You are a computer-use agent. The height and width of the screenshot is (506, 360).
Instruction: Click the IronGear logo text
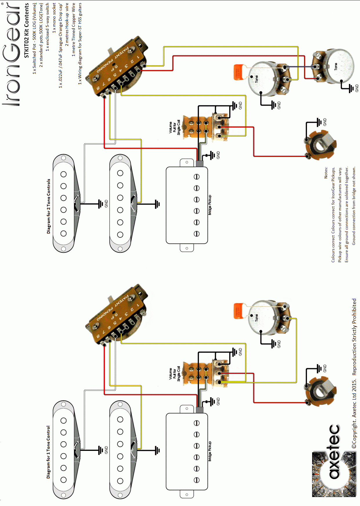pos(12,54)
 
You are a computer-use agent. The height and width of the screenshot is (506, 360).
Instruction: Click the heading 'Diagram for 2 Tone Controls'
pos(48,206)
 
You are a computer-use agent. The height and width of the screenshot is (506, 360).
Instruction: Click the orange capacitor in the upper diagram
pos(239,72)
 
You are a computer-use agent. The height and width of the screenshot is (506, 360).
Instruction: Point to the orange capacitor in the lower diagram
pos(239,310)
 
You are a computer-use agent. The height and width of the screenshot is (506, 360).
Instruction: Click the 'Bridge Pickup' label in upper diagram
pos(210,205)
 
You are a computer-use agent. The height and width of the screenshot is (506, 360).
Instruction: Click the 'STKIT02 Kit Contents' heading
pos(26,30)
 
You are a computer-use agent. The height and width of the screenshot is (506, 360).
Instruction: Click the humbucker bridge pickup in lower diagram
pos(187,451)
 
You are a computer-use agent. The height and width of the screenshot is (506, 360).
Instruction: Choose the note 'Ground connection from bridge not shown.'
pos(354,206)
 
